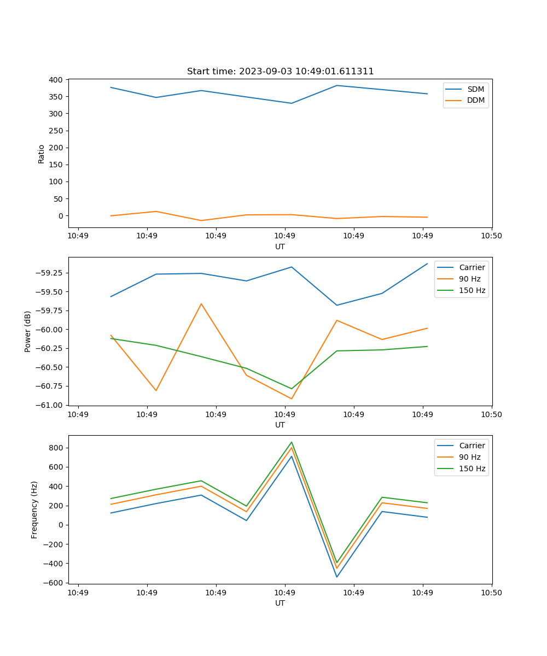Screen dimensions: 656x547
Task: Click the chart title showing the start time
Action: click(x=280, y=72)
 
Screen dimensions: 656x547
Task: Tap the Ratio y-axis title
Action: click(x=42, y=154)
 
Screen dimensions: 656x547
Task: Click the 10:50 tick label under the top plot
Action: click(x=491, y=236)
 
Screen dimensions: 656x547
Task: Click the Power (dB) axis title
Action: click(x=28, y=331)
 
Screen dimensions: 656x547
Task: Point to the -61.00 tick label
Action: click(x=51, y=405)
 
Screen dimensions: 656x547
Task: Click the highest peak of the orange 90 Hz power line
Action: click(x=201, y=304)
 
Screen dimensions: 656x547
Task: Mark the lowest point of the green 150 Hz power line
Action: click(x=292, y=389)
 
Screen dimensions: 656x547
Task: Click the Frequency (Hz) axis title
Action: click(x=34, y=509)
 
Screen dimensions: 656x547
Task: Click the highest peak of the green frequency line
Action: click(x=292, y=442)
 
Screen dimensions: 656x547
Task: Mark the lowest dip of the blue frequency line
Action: click(x=337, y=577)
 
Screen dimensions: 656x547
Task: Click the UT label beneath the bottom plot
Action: click(x=280, y=604)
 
